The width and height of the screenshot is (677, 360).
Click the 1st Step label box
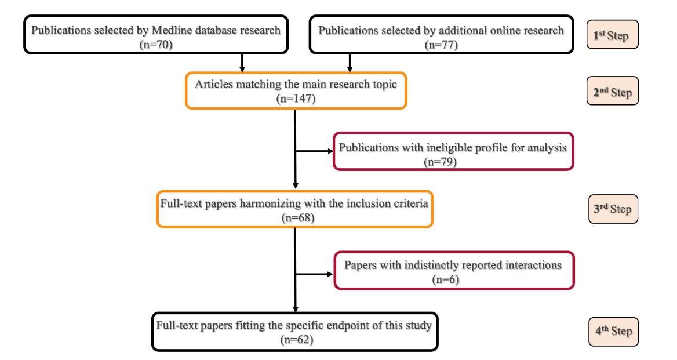point(612,35)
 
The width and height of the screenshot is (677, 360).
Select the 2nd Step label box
point(612,92)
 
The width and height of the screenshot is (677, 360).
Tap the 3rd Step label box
point(612,209)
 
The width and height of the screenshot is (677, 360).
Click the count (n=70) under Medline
point(156,43)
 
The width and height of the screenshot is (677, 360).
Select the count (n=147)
point(296,99)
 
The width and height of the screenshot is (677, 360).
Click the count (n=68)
point(295,218)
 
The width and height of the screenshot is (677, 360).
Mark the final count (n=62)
point(295,339)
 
